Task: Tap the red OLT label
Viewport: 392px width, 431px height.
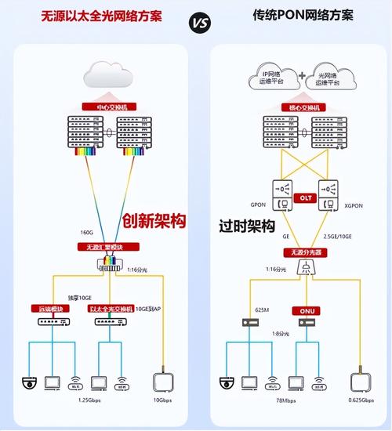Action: [307, 198]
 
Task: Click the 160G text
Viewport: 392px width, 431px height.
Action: [87, 232]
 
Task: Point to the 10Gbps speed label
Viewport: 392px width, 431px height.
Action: [163, 400]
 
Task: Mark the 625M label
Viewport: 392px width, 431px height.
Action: [262, 310]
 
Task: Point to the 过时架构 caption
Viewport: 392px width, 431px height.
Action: [247, 226]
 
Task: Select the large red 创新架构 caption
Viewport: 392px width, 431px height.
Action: [153, 220]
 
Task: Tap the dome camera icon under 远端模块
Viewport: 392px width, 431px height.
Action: [30, 382]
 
